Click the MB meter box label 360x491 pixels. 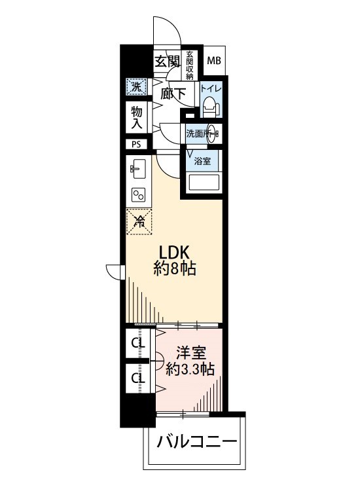click(x=214, y=60)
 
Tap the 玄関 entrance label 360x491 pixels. click(x=168, y=61)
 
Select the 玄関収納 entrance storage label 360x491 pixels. click(x=190, y=65)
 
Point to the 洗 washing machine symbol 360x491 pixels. click(x=136, y=87)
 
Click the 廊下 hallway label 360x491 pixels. click(x=173, y=94)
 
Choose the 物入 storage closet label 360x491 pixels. click(x=137, y=117)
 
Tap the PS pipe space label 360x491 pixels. click(x=137, y=145)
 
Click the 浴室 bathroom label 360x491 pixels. click(x=202, y=161)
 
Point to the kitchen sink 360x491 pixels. click(x=137, y=168)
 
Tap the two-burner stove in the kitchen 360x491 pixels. click(x=139, y=195)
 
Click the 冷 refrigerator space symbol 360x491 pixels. click(x=139, y=222)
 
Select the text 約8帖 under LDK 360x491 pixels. click(x=175, y=268)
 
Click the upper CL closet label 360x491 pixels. click(x=138, y=344)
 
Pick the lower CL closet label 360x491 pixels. click(x=138, y=378)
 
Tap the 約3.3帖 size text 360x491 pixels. click(x=190, y=369)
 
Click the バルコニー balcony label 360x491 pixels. click(x=196, y=442)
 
